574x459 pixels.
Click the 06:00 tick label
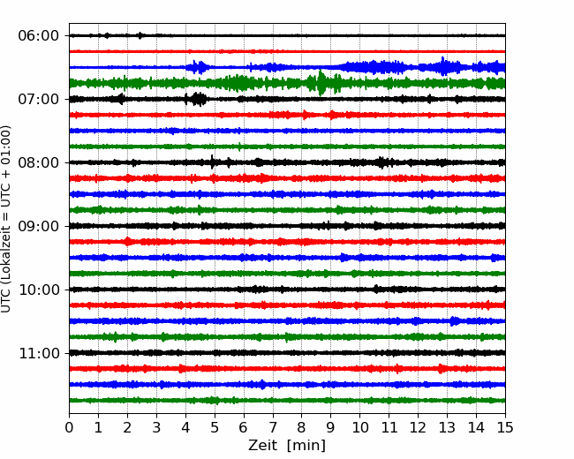(39, 36)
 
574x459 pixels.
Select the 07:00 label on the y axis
(39, 99)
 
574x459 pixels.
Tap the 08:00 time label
(39, 162)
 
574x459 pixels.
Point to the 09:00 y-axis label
(39, 226)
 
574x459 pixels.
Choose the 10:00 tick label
(39, 290)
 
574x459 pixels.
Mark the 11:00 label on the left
(39, 353)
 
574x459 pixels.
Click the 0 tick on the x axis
(69, 427)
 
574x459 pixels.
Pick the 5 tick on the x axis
(215, 427)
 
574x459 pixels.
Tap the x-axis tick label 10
(359, 427)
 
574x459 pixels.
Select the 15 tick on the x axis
(505, 427)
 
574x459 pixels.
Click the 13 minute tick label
(447, 427)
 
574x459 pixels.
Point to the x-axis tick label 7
(273, 427)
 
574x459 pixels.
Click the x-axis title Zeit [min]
(287, 446)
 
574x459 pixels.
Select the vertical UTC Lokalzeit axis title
(6, 219)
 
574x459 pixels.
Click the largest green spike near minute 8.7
(321, 83)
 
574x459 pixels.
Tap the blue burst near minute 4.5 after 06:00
(198, 67)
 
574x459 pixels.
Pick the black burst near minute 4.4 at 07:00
(196, 99)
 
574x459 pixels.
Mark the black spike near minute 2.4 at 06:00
(140, 35)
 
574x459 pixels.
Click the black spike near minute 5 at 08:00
(212, 162)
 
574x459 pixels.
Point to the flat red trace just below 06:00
(287, 51)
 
